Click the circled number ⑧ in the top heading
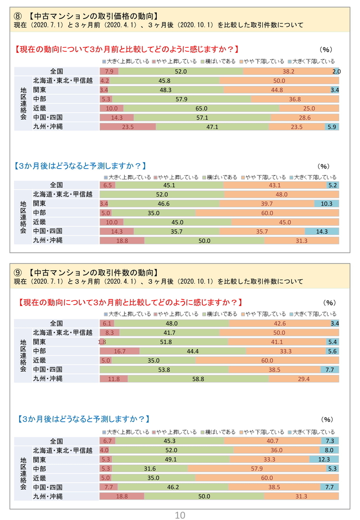point(18,16)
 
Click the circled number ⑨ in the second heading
point(18,273)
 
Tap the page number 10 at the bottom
point(180,515)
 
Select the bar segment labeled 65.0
point(201,108)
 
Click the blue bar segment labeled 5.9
point(332,127)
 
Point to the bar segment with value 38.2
point(289,71)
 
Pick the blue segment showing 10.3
point(327,204)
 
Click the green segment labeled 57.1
point(202,117)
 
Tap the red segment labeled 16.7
point(120,351)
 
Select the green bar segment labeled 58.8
point(198,379)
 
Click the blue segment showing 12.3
point(324,459)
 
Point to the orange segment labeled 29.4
point(304,379)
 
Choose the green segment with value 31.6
point(150,468)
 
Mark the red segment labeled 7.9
point(109,71)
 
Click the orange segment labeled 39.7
point(267,204)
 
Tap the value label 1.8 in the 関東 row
point(102,342)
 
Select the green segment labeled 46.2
point(173,487)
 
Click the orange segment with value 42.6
point(280,323)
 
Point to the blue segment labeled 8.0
point(329,450)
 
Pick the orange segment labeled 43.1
point(275,185)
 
